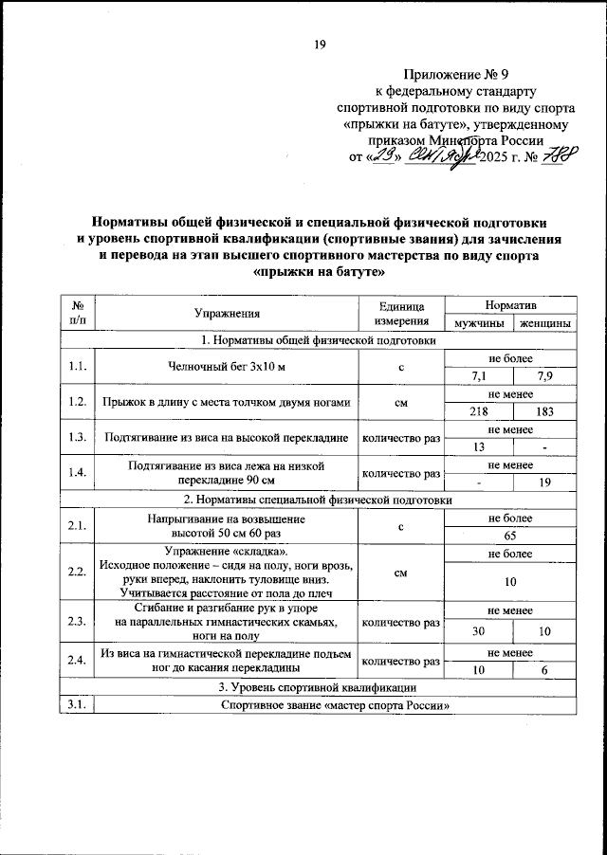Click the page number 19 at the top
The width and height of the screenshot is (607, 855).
pyautogui.click(x=320, y=44)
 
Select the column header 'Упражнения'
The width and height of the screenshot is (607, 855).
pyautogui.click(x=227, y=314)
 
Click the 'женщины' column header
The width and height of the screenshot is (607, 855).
pyautogui.click(x=543, y=323)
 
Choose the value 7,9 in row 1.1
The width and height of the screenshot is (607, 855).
pyautogui.click(x=544, y=376)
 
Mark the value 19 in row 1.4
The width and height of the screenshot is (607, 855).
pyautogui.click(x=544, y=482)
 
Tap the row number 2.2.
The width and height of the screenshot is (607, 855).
pyautogui.click(x=78, y=573)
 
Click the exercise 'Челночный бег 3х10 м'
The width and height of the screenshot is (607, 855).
pyautogui.click(x=227, y=368)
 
